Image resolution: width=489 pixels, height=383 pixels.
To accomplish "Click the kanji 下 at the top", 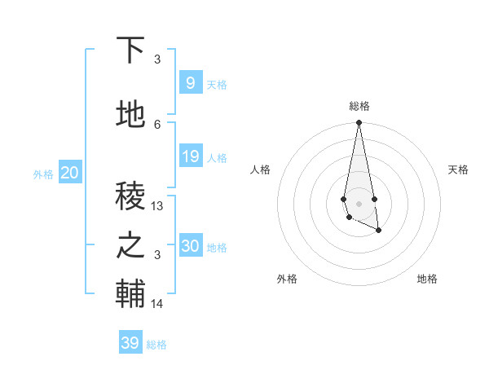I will [x=131, y=51].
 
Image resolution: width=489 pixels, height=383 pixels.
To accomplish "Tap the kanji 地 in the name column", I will [x=131, y=115].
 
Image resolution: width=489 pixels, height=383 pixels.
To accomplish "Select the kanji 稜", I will [x=131, y=195].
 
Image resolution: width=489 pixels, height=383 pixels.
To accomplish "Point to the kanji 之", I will [x=131, y=245].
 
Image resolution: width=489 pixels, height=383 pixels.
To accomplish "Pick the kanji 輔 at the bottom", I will [x=131, y=294].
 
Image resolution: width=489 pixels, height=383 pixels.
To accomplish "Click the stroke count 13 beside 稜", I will [x=157, y=206].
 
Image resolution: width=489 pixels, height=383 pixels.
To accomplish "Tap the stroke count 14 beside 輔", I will [x=157, y=304].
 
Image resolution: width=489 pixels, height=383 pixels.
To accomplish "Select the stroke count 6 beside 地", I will [x=157, y=124].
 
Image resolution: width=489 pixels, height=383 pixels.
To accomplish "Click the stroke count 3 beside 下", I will [x=157, y=59].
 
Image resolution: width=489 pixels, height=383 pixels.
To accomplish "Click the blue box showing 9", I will [x=190, y=82].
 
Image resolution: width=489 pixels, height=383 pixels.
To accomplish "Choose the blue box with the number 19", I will [x=190, y=156].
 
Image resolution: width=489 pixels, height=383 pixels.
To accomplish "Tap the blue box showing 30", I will [x=191, y=246].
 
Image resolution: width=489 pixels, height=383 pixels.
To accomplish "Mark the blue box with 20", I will [x=69, y=172].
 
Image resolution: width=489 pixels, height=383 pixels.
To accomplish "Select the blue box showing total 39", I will [x=130, y=343].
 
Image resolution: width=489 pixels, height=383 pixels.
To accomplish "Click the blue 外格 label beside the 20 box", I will [x=43, y=174].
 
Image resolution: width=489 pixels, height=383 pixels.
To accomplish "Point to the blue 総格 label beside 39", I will [x=156, y=345].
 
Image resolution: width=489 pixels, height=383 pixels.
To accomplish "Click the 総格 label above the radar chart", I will [x=359, y=106].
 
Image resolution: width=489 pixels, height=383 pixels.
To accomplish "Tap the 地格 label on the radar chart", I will [x=427, y=279].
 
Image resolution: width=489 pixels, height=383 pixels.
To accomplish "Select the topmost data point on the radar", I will [x=359, y=123].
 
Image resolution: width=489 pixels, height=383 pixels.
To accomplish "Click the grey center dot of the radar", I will [x=359, y=202].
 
